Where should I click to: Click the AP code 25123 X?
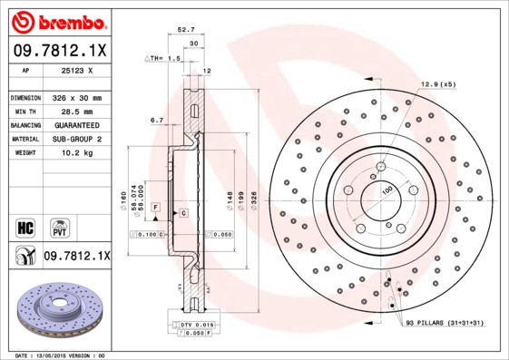(x=75, y=71)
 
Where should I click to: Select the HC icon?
(x=24, y=225)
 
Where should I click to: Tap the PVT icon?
(x=59, y=225)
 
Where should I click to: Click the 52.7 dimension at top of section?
(x=187, y=31)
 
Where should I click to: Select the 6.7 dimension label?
(x=156, y=120)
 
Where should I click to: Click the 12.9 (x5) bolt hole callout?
(x=437, y=84)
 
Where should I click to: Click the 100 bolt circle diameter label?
(x=387, y=190)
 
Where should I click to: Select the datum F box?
(x=156, y=208)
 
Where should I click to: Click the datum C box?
(x=183, y=212)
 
